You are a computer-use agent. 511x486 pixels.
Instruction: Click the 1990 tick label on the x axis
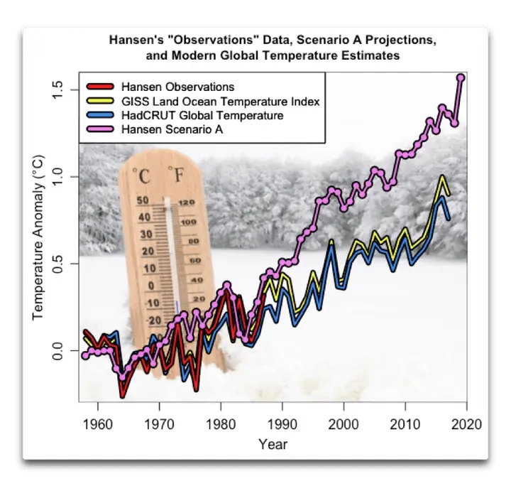pos(282,425)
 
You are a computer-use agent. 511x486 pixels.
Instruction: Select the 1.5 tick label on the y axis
pos(58,90)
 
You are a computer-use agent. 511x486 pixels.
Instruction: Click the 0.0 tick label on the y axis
pos(58,351)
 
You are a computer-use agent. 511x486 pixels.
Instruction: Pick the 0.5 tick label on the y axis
pos(58,264)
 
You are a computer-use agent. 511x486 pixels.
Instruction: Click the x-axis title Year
pos(273,445)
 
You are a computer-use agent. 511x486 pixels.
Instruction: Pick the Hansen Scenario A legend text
pos(174,129)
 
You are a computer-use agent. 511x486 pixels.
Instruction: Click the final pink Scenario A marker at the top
pos(461,77)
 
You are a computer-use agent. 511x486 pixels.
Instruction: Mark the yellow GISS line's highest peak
pos(443,178)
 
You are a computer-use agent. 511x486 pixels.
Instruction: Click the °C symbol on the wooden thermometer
pos(143,174)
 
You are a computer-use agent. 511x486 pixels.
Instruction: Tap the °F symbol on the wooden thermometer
pos(175,174)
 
